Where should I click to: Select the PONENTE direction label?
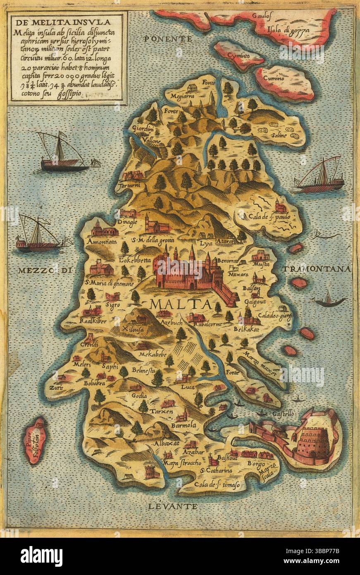(x=168, y=39)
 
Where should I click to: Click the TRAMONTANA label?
(x=317, y=268)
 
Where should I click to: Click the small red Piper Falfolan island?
(x=35, y=441)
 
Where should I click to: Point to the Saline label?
(x=279, y=135)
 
